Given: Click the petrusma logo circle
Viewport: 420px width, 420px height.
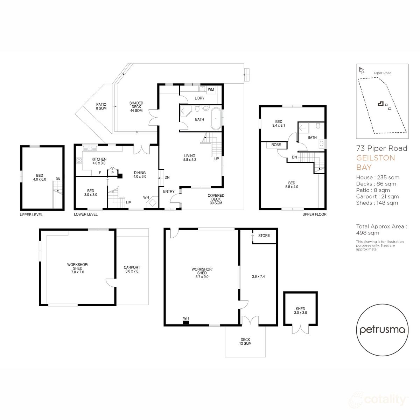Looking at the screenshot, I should [382, 330].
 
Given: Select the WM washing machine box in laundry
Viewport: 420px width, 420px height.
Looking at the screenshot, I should [211, 90].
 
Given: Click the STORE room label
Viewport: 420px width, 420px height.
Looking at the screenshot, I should [264, 236].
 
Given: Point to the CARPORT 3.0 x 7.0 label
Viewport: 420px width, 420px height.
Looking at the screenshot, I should [132, 269].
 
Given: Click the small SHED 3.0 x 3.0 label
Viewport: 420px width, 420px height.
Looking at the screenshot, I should [300, 311].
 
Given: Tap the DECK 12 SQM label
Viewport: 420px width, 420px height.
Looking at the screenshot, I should [245, 341].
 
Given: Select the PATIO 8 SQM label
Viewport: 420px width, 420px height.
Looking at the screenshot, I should [101, 106].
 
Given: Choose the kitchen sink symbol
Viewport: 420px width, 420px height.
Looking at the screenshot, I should [92, 149].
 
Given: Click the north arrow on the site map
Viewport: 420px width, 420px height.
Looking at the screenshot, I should [361, 70].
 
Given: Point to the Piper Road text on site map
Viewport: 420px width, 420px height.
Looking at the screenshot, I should [383, 73].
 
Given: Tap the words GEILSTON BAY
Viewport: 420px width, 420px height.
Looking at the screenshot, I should [375, 162].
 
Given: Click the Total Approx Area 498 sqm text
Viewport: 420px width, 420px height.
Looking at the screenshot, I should [381, 230].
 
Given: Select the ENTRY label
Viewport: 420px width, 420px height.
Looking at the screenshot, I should [169, 191].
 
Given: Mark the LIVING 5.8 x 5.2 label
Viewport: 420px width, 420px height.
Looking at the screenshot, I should [190, 158].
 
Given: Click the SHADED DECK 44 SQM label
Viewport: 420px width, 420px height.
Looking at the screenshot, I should [136, 107].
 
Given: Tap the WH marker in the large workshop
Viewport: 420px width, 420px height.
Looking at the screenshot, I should [186, 318].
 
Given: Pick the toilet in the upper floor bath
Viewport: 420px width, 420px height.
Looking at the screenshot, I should [318, 126].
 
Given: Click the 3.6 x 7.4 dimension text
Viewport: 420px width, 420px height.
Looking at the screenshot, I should [258, 276].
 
